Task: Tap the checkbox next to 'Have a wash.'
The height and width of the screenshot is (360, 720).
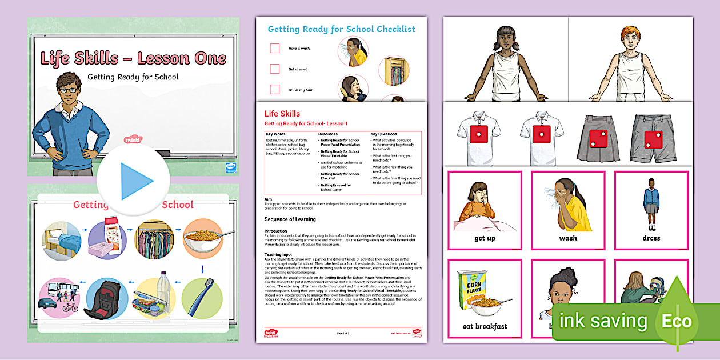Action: [275, 49]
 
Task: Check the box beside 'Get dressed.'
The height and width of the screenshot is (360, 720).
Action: [275, 69]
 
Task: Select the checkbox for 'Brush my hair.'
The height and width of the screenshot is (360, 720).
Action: [275, 90]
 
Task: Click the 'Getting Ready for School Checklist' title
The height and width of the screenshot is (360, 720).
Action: [341, 29]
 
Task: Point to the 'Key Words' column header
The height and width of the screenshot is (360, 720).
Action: [277, 134]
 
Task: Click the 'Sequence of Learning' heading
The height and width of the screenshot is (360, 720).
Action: [290, 219]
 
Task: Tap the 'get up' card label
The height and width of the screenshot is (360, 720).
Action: [485, 238]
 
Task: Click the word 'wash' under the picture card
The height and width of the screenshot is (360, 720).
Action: [568, 238]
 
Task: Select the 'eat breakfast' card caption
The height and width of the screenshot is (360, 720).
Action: [485, 326]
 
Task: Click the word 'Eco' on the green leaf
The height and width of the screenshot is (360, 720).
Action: [677, 321]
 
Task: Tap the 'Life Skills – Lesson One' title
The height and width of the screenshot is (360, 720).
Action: [133, 58]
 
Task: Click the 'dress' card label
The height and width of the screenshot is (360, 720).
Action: [651, 238]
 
